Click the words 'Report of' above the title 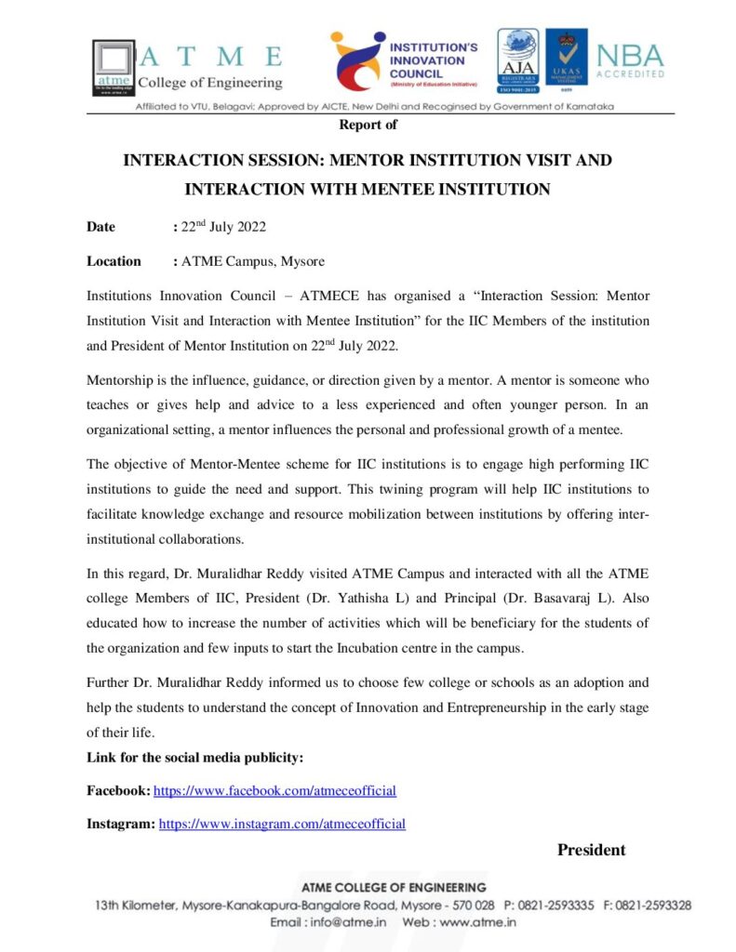(x=368, y=124)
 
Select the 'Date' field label (x=100, y=227)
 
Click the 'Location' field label (x=114, y=261)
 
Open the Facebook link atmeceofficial (x=274, y=791)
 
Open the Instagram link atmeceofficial (x=282, y=824)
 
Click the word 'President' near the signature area (x=591, y=850)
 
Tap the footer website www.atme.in (x=477, y=922)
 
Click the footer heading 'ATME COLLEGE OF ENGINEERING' (x=393, y=888)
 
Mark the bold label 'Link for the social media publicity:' (x=195, y=758)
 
